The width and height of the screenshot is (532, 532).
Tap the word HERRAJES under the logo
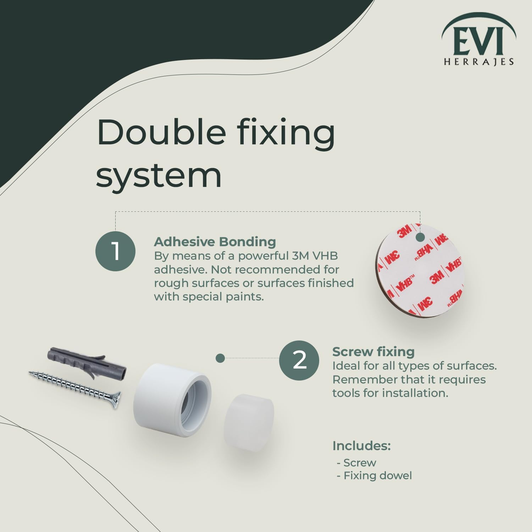(x=479, y=62)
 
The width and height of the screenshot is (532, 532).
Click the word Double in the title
(x=161, y=132)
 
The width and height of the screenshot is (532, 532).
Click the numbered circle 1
(x=116, y=251)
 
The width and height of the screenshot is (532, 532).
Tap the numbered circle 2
(x=299, y=360)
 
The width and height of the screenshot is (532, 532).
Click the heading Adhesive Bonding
(x=215, y=242)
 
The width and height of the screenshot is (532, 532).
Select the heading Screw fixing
(x=373, y=352)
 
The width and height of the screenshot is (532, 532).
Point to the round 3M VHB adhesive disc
(x=420, y=271)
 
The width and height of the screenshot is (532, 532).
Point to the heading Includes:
(x=361, y=446)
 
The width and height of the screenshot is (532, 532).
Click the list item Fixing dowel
(x=377, y=476)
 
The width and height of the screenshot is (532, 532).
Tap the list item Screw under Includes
(x=360, y=463)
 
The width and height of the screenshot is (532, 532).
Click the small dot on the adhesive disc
(x=420, y=237)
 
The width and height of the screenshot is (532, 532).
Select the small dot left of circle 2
(x=220, y=358)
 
